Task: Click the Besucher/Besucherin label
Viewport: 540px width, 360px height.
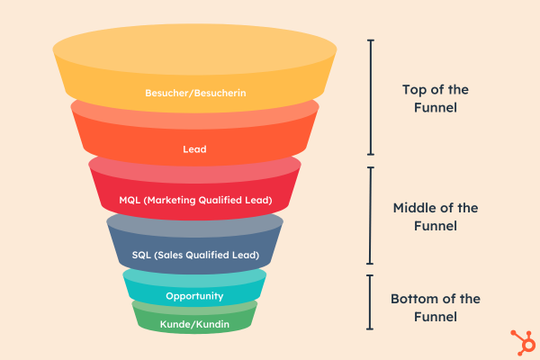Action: (x=195, y=93)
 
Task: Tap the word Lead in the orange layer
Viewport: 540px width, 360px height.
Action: (x=194, y=149)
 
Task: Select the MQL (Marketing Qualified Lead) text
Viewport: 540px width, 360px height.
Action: (x=195, y=200)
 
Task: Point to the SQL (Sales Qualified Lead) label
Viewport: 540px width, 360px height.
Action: (x=195, y=255)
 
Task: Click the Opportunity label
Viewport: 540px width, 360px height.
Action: (x=194, y=296)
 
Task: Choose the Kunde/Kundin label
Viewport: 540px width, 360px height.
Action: (x=194, y=324)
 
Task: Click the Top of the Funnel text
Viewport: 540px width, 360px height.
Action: (x=436, y=98)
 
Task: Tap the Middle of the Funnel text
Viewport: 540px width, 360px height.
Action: (x=436, y=217)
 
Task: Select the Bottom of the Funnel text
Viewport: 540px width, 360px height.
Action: (x=436, y=308)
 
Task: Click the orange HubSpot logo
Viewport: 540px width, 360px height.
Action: (x=524, y=342)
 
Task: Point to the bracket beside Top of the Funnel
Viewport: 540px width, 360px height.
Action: (x=371, y=97)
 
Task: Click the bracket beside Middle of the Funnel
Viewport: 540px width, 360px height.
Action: (x=370, y=216)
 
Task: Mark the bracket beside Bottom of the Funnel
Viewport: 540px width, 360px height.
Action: (x=370, y=302)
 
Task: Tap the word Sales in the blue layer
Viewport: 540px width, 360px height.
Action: (x=168, y=255)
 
